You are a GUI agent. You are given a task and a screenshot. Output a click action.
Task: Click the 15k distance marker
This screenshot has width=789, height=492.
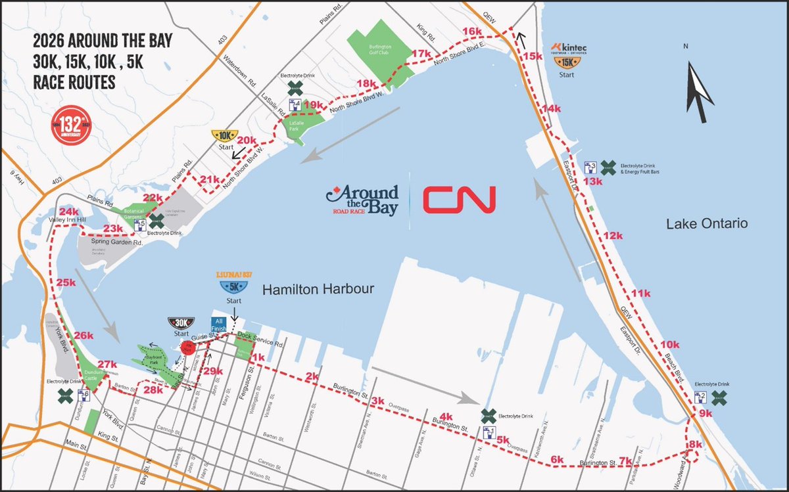coord(534,56)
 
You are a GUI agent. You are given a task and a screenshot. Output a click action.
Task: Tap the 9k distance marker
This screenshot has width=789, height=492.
coord(705,413)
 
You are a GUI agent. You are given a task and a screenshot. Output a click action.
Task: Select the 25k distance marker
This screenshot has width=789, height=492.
coord(66,282)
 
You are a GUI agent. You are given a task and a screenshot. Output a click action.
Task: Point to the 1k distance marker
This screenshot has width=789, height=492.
coord(258,357)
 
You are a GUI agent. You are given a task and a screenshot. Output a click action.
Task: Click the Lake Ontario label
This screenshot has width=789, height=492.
coord(707,223)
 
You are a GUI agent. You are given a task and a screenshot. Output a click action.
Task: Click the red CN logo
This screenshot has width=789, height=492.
coord(459,199)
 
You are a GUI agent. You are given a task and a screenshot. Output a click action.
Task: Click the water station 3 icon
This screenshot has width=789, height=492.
coord(590,167)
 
